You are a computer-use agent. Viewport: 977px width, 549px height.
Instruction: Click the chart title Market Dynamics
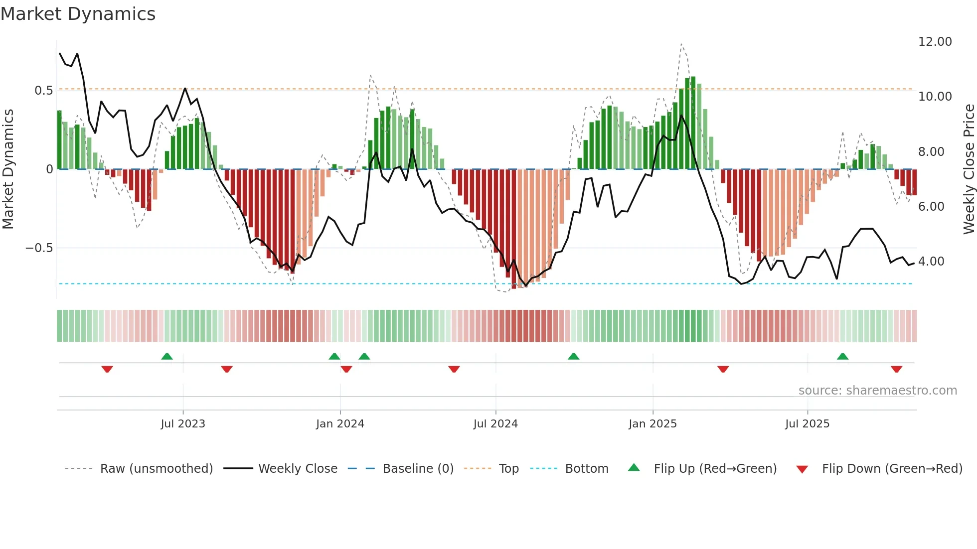(78, 14)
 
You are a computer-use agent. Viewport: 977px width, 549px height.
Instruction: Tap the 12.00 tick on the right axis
(935, 42)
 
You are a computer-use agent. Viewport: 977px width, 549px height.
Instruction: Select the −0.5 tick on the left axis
(39, 248)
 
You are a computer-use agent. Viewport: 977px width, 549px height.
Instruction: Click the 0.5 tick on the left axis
(43, 91)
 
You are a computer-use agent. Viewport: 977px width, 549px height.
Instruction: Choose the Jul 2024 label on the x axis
(495, 424)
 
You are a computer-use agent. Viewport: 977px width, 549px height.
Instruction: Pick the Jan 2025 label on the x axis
(652, 424)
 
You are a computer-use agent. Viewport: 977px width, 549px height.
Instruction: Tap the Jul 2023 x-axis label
(183, 424)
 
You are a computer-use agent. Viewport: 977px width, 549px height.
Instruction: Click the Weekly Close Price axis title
(969, 169)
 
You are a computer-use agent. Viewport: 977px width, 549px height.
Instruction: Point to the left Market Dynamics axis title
(8, 169)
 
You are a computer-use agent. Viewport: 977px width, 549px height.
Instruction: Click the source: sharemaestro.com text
(877, 391)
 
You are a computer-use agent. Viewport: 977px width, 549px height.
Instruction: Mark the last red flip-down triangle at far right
(896, 369)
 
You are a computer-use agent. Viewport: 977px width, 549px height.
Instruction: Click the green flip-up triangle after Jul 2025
(842, 357)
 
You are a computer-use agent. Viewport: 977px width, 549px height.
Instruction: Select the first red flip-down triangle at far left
(107, 369)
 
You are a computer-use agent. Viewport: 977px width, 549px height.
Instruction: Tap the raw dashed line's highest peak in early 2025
(681, 44)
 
